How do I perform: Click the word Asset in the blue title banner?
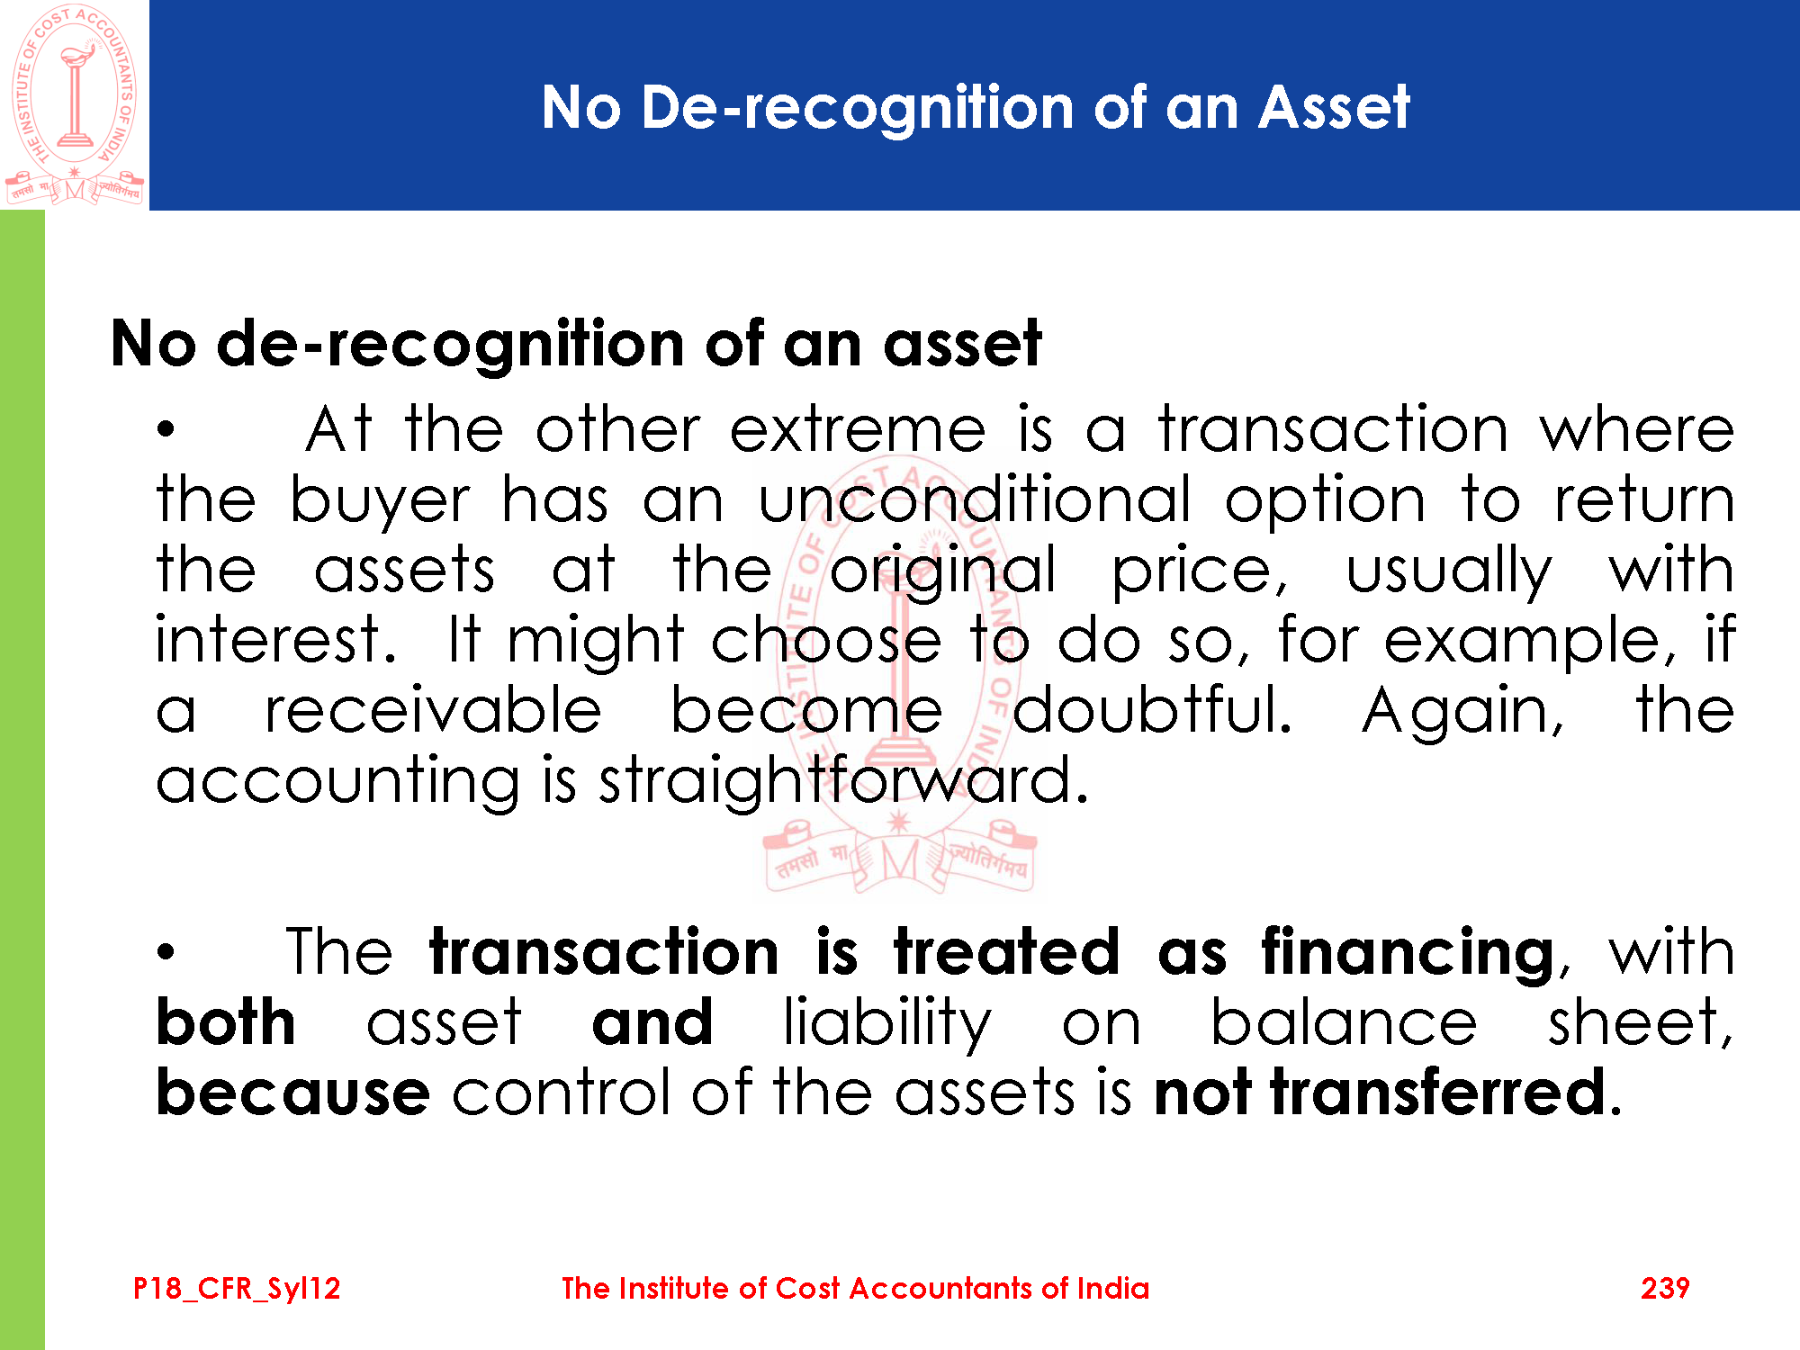click(x=1334, y=108)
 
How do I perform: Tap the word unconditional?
click(x=975, y=499)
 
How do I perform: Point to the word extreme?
click(x=857, y=430)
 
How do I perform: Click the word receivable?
click(x=433, y=710)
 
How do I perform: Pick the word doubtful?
click(x=1152, y=710)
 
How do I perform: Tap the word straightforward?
click(x=843, y=781)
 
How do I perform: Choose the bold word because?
click(x=293, y=1093)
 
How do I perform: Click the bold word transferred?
click(x=1438, y=1093)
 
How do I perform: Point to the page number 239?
click(x=1665, y=1289)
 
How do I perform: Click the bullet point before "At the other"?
click(x=165, y=430)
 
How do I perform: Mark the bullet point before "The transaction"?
click(x=165, y=952)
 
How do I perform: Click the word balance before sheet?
click(x=1344, y=1022)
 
